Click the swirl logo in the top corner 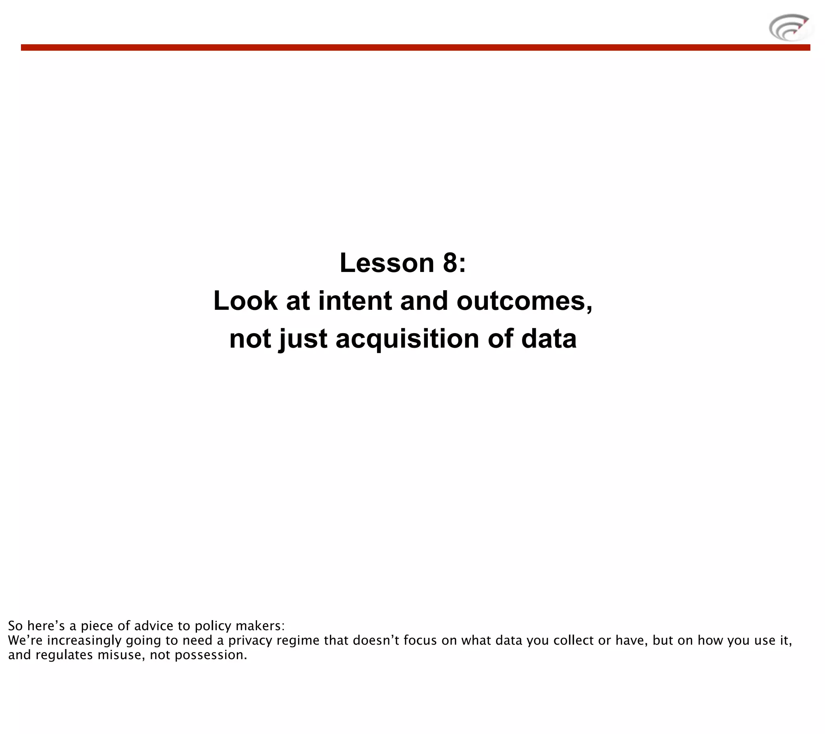pyautogui.click(x=790, y=27)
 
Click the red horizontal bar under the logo pyautogui.click(x=415, y=47)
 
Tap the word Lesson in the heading pyautogui.click(x=386, y=263)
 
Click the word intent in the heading pyautogui.click(x=355, y=301)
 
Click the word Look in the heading pyautogui.click(x=245, y=301)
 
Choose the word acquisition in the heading pyautogui.click(x=407, y=338)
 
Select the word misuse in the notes pyautogui.click(x=120, y=655)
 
